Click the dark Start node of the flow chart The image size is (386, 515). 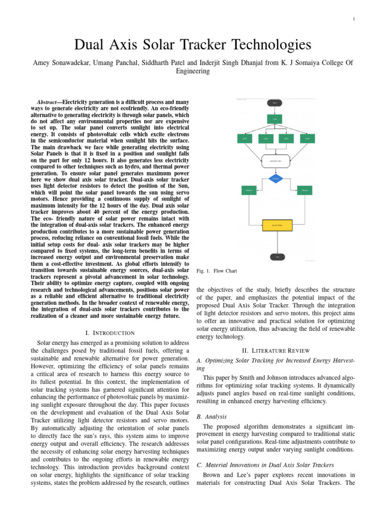pos(274,103)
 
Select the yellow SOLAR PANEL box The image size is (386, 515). pos(277,225)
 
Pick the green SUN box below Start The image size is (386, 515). pos(275,119)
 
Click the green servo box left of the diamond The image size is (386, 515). pos(248,191)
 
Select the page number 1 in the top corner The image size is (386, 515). pos(354,20)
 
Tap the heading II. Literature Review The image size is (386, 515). pos(276,350)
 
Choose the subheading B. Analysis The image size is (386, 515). pos(212,416)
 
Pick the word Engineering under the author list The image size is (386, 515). pos(192,71)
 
